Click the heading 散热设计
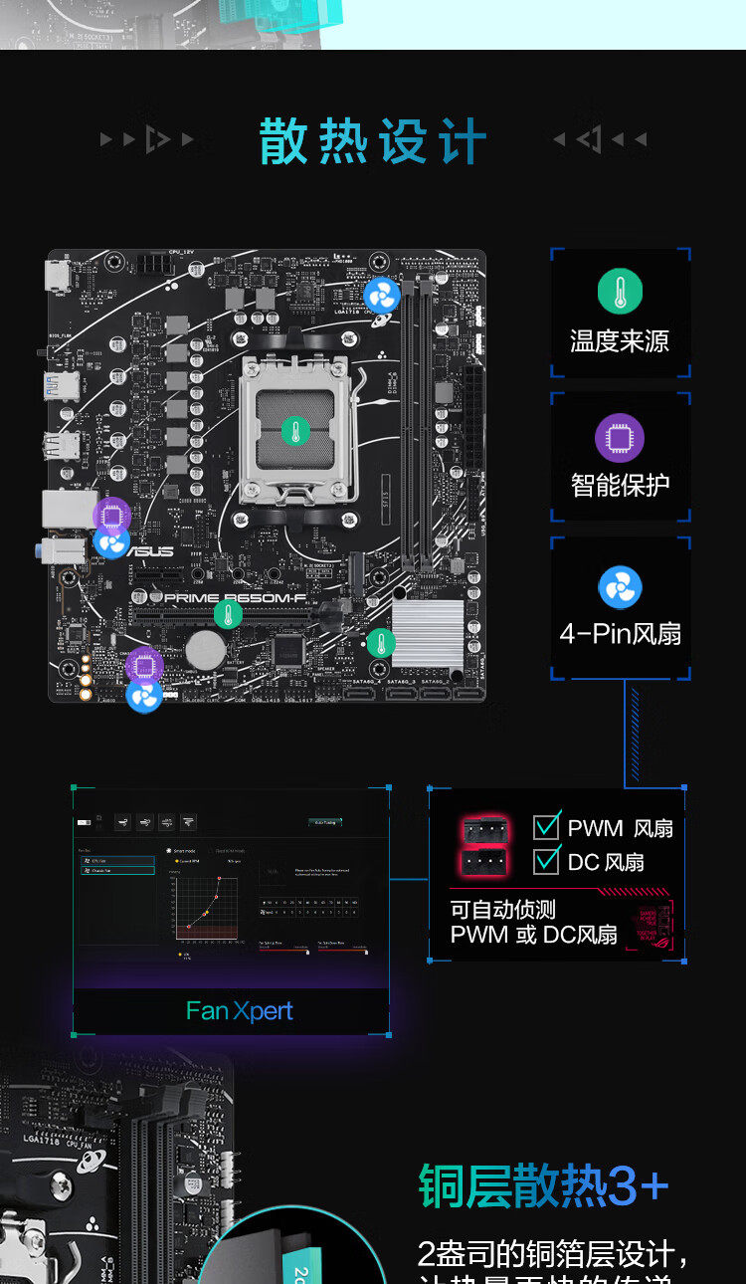373,140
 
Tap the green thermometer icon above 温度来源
620,292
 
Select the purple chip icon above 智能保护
620,438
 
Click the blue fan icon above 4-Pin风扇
620,587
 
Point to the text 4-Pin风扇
620,634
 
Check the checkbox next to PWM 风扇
547,826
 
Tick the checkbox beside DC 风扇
547,860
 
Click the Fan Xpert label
239,1011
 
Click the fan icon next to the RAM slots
381,296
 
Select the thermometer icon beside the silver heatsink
381,643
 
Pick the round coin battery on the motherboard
205,650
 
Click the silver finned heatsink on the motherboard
428,634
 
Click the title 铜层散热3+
543,1186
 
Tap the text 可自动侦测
503,910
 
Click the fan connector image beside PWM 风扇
484,828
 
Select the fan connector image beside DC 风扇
484,862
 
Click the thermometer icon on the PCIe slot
228,614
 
